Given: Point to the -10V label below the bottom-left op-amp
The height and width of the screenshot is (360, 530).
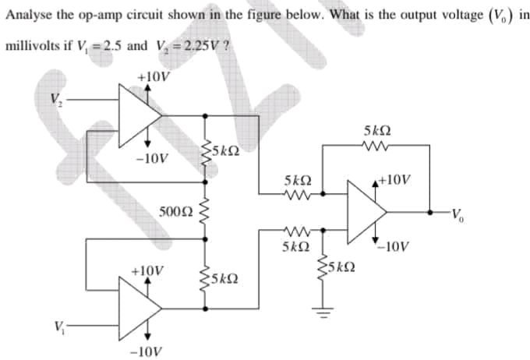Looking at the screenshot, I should pos(148,350).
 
